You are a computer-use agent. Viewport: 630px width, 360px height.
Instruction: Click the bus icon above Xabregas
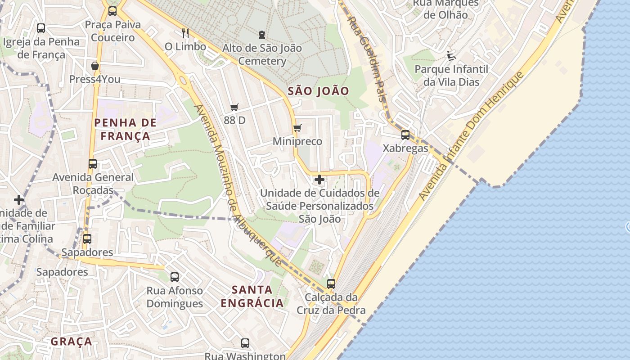tap(405, 135)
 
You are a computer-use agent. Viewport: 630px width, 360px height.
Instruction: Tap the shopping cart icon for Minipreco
tap(297, 128)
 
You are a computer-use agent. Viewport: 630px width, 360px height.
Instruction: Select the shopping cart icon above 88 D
tap(234, 107)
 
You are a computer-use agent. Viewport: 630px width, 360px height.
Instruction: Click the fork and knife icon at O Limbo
tap(185, 33)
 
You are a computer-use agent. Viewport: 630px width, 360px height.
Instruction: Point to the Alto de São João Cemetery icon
tap(262, 34)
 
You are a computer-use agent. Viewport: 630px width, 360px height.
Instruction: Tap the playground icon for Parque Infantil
tap(451, 56)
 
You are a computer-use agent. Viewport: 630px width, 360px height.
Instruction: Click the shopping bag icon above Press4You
tap(95, 66)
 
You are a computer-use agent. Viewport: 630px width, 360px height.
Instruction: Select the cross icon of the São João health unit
tap(319, 180)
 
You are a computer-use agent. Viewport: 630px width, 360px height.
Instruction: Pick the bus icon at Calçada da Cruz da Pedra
tap(331, 284)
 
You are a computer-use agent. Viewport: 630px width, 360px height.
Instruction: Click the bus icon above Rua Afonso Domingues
tap(175, 277)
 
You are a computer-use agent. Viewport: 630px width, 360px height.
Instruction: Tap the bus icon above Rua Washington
tap(245, 343)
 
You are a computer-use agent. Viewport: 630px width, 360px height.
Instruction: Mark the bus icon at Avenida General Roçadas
tap(93, 164)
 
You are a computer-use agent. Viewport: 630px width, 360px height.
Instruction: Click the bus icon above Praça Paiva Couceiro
tap(112, 11)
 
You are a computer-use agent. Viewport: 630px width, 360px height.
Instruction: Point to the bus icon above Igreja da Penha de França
tap(41, 28)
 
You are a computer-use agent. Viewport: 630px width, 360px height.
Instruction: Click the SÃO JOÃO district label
tap(318, 91)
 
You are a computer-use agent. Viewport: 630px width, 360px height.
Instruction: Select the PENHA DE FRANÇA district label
tap(125, 129)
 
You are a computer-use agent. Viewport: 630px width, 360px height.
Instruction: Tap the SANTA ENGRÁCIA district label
tap(252, 296)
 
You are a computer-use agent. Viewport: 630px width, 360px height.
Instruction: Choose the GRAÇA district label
tap(71, 342)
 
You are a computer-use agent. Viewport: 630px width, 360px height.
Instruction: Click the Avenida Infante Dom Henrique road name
tap(471, 136)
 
